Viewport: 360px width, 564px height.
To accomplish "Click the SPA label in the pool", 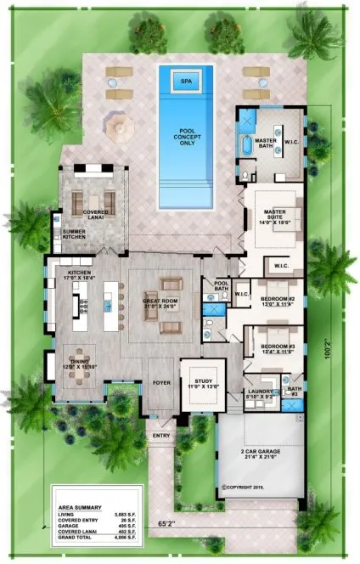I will (x=184, y=81).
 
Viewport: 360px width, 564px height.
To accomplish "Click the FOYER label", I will (x=160, y=370).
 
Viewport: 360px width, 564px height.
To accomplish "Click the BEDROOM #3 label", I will (x=277, y=348).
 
